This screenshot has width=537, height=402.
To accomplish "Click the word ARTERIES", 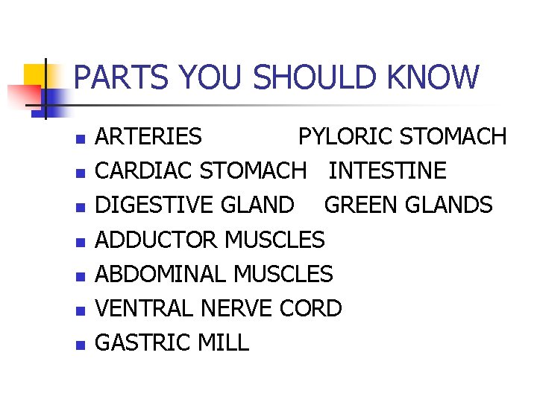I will pos(149,137).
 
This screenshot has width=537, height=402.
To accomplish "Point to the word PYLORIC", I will pos(345,137).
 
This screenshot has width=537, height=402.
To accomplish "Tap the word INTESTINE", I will pos(387,171).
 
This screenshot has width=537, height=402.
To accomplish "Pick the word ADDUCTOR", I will pos(157,240).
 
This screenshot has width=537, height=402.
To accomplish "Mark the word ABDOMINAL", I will pos(162,274).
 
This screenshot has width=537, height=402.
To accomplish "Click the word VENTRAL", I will pos(142,308).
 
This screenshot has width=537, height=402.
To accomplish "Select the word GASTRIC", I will pos(144,342).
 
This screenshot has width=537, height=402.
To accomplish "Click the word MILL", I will pos(224,342).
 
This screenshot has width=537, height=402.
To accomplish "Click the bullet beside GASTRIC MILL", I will pos(81,345).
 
